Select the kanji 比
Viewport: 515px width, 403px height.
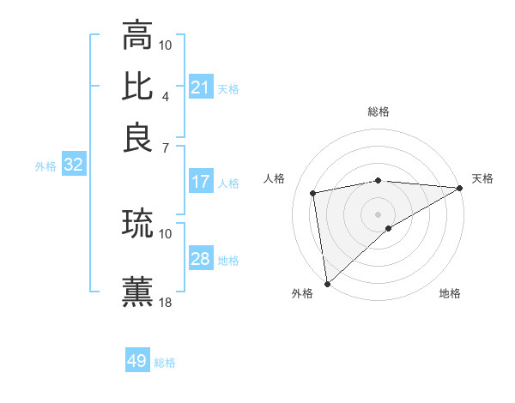[x=137, y=86]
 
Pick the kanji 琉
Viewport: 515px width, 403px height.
[x=137, y=224]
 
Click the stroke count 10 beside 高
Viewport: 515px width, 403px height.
[x=166, y=45]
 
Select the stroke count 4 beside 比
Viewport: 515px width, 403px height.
[x=166, y=95]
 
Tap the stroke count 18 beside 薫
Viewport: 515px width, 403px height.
[x=166, y=302]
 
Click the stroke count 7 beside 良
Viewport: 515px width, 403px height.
[x=166, y=147]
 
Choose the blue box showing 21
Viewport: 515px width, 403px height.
[x=201, y=87]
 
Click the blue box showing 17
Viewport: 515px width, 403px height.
[x=201, y=182]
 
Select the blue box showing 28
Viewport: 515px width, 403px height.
[x=201, y=259]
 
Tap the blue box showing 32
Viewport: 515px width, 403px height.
[x=73, y=165]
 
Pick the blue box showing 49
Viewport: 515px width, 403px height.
[x=137, y=361]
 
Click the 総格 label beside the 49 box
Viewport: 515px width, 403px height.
[x=165, y=363]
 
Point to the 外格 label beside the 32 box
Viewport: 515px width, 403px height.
[x=45, y=166]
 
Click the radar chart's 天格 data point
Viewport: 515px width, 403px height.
[x=461, y=189]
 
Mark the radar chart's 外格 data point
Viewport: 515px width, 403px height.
[x=327, y=284]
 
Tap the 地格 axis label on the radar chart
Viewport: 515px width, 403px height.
[x=450, y=293]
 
